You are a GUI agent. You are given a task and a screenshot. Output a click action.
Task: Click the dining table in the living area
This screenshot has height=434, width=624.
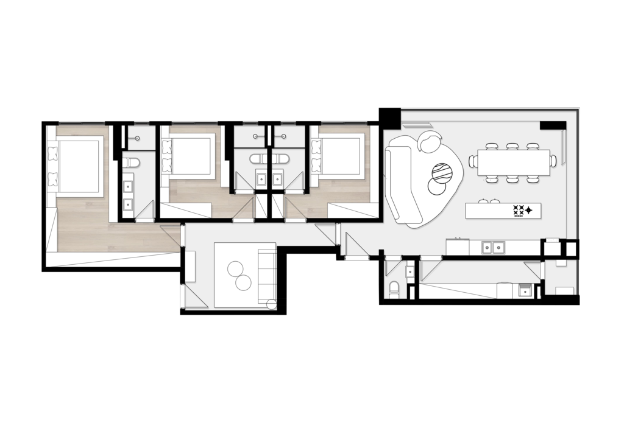click(514, 162)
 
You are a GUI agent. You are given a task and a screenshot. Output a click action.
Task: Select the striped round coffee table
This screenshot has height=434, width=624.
click(443, 172)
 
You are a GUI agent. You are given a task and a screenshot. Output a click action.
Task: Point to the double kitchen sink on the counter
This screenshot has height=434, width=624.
click(493, 247)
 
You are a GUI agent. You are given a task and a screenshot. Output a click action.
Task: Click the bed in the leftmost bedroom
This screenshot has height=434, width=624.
click(78, 166)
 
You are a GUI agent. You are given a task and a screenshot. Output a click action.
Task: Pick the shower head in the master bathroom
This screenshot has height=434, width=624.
click(138, 139)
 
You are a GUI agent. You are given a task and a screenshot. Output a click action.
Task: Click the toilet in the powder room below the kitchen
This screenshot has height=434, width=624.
click(394, 290)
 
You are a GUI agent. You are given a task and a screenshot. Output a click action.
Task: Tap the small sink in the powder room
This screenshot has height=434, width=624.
click(410, 271)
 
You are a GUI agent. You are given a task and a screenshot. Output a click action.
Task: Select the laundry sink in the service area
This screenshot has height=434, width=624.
click(525, 291)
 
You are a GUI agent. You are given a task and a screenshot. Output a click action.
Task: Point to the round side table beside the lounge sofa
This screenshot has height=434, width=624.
click(272, 304)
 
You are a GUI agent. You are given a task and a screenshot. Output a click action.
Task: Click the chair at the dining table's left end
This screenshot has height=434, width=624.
click(473, 161)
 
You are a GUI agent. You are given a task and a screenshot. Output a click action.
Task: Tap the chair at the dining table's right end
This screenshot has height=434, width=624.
click(553, 161)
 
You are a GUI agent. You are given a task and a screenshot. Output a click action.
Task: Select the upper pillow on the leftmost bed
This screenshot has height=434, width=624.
click(52, 150)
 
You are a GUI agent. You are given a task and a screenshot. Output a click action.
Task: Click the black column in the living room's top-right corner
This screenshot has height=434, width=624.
click(553, 125)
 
